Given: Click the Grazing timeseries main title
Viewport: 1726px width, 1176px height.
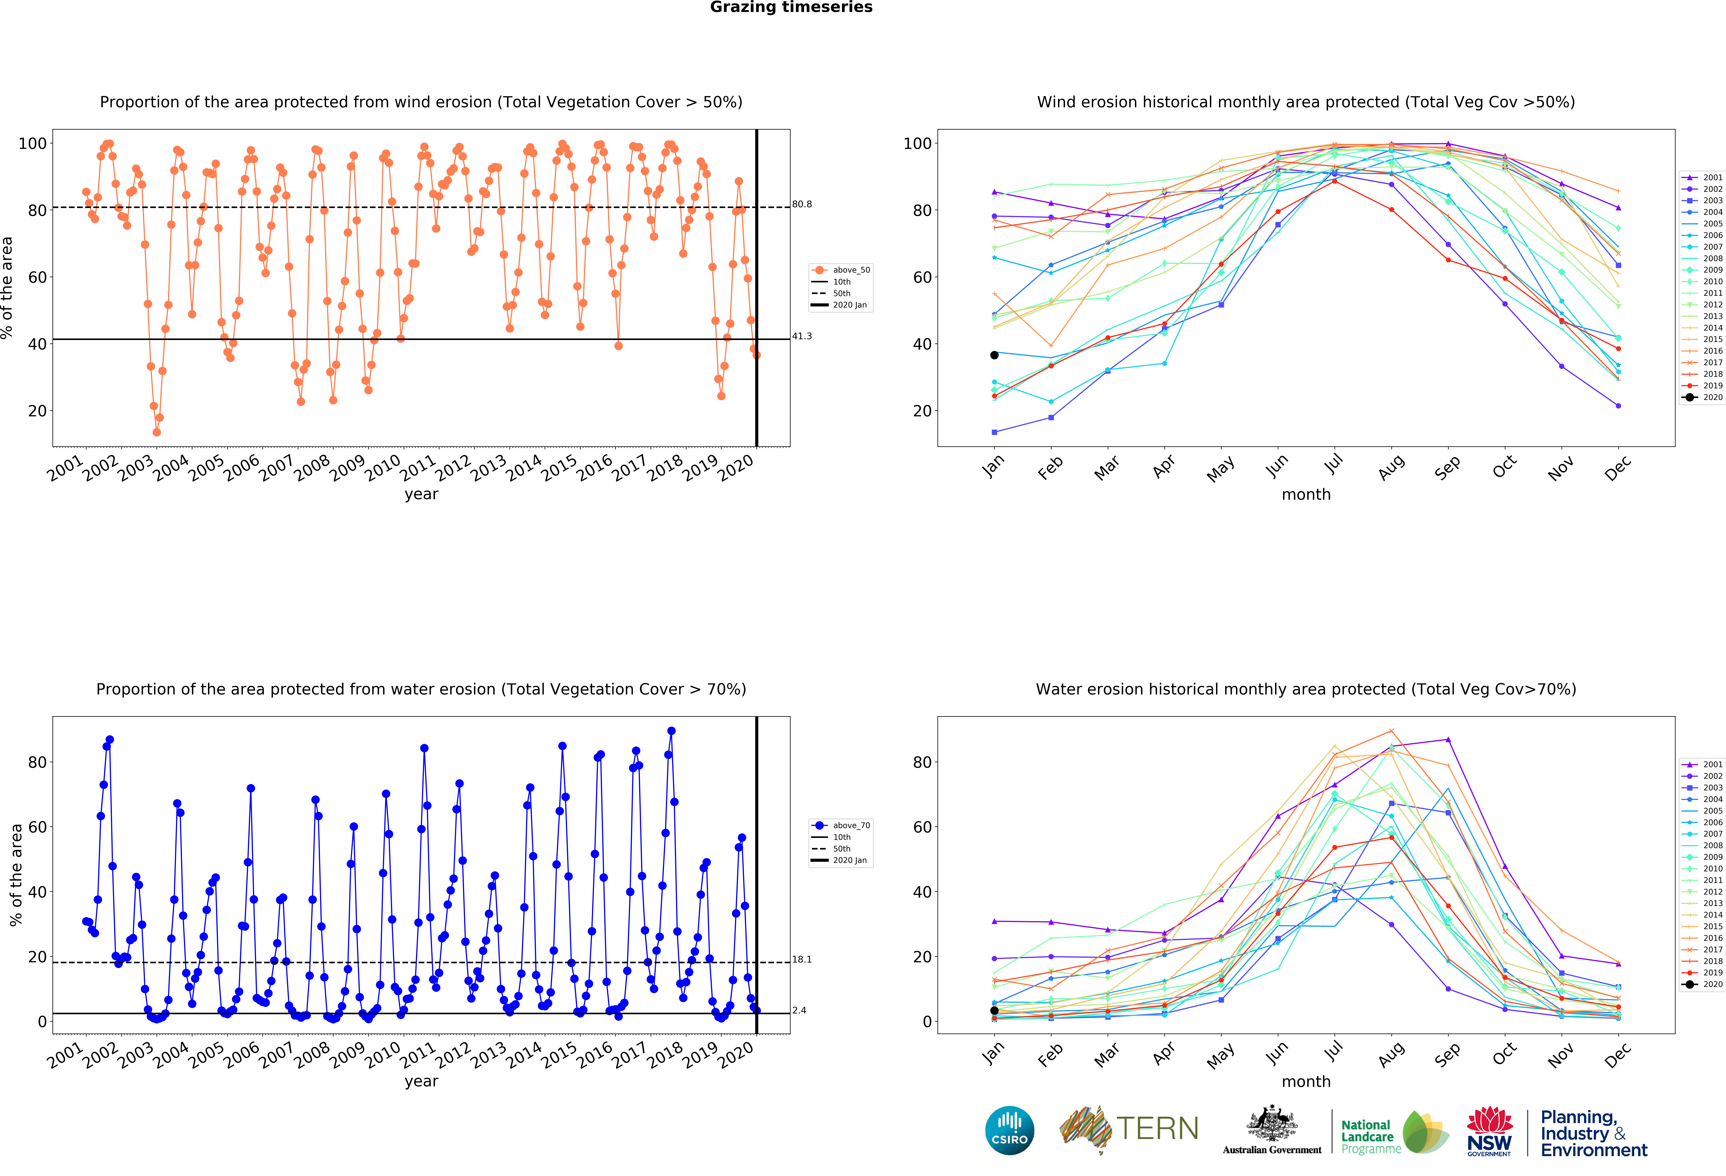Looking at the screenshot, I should pyautogui.click(x=791, y=7).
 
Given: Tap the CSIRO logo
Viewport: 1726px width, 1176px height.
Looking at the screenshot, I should pyautogui.click(x=1009, y=1131).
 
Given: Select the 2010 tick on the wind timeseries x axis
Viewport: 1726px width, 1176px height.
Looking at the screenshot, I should pyautogui.click(x=383, y=468).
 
